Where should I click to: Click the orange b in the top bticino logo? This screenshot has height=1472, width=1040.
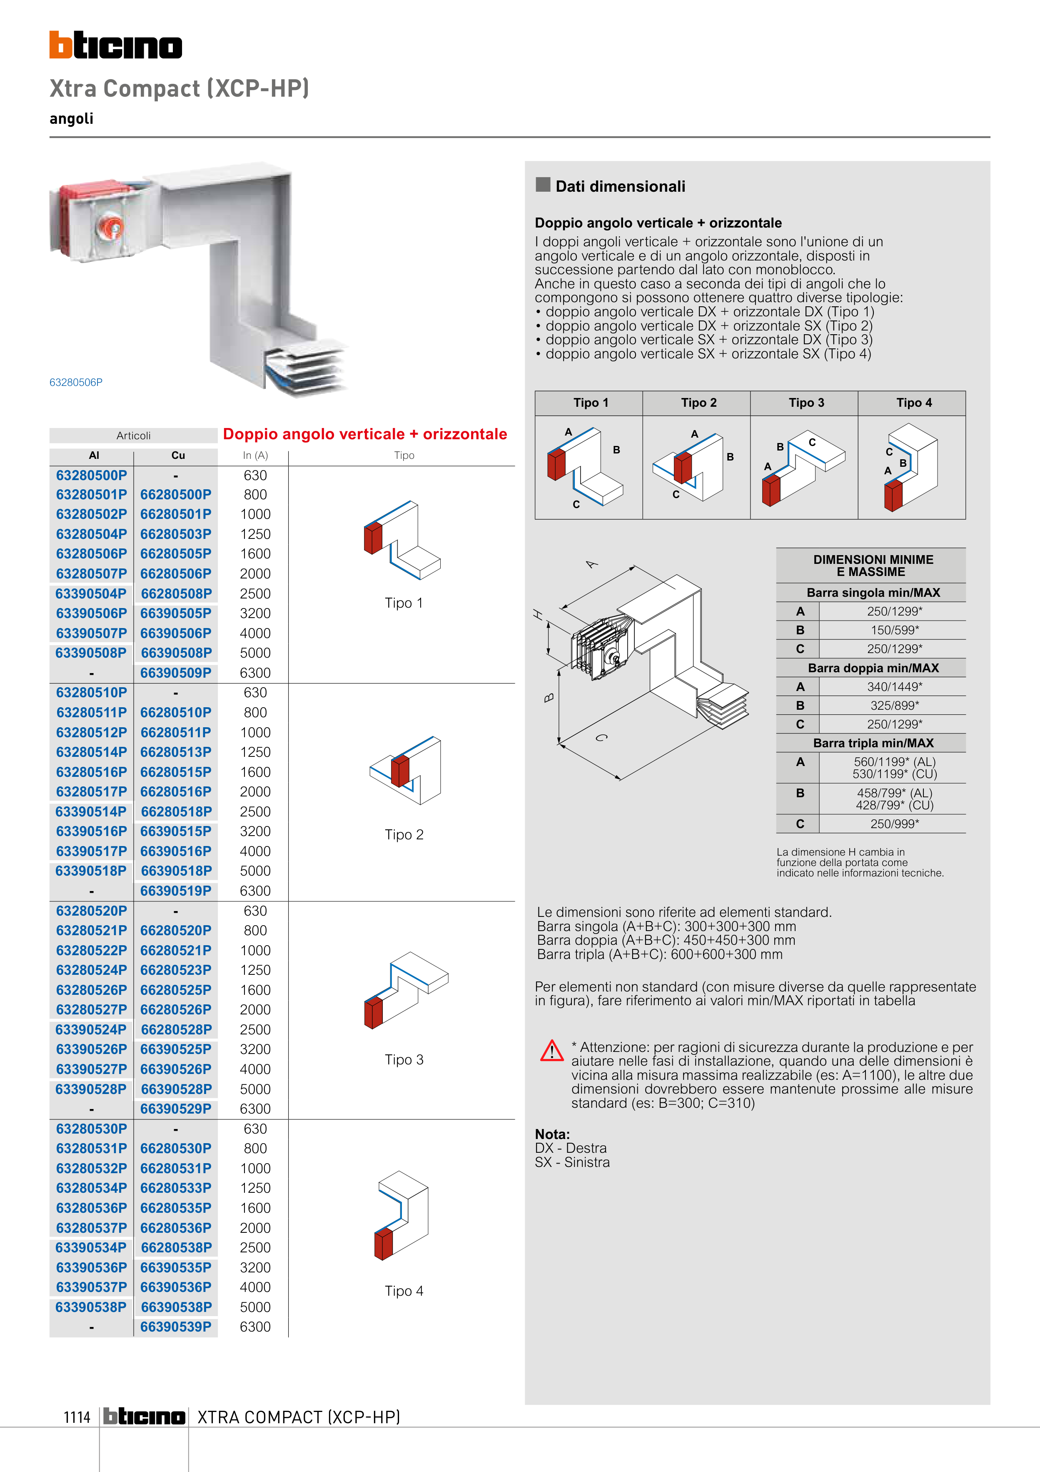point(61,45)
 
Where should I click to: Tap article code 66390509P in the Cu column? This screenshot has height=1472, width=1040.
point(176,673)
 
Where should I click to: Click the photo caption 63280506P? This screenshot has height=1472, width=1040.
point(76,382)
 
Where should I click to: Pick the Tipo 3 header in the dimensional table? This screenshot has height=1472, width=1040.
point(806,403)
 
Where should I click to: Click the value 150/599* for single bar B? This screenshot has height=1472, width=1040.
point(894,630)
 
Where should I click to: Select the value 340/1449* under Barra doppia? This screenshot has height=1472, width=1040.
point(894,687)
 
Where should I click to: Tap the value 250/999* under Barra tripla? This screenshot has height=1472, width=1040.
point(894,824)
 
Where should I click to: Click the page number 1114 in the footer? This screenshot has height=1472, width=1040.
point(77,1417)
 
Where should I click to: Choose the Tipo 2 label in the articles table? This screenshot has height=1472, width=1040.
point(404,834)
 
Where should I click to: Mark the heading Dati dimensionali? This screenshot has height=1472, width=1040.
point(620,187)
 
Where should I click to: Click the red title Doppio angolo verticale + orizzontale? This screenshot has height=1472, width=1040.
point(364,434)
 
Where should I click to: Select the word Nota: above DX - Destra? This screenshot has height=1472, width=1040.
point(552,1134)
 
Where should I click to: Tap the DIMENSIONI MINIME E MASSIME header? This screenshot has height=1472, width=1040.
point(873,566)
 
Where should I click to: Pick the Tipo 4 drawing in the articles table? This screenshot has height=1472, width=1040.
point(402,1215)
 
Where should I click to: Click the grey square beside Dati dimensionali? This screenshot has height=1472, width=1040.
point(543,185)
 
